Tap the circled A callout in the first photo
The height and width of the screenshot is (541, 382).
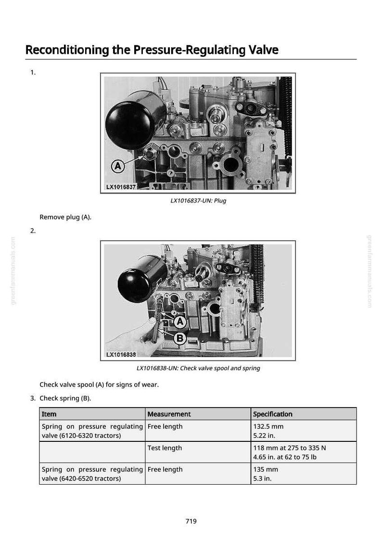click(x=118, y=167)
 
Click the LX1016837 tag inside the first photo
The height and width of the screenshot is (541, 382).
click(x=121, y=187)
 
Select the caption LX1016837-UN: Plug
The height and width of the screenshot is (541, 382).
click(x=198, y=200)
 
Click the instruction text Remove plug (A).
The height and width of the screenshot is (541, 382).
click(x=65, y=217)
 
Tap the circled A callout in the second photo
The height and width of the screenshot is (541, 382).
click(x=180, y=322)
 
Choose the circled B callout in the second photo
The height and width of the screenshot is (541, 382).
click(x=180, y=338)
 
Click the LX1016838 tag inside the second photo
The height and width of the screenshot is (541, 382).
click(x=121, y=354)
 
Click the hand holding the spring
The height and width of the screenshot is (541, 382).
click(x=134, y=338)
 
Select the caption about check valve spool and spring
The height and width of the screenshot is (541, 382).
click(x=198, y=368)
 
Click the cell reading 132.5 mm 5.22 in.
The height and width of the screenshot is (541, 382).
click(x=304, y=431)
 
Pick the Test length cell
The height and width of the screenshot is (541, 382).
click(x=198, y=452)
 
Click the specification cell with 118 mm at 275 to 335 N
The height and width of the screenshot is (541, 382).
click(x=304, y=452)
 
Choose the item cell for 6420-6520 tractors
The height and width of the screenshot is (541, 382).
click(x=92, y=474)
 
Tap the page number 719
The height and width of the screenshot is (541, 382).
click(x=191, y=521)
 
